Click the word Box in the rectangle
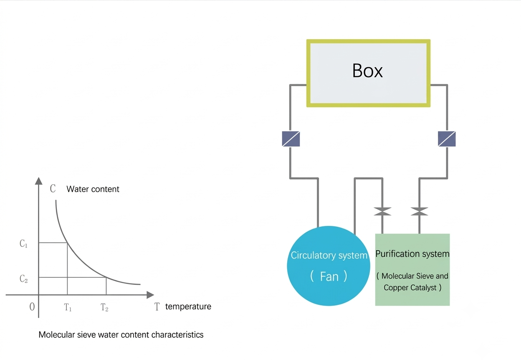pyautogui.click(x=367, y=71)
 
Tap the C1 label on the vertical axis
pyautogui.click(x=23, y=243)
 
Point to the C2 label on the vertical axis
pyautogui.click(x=23, y=279)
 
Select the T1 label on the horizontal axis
pyautogui.click(x=68, y=307)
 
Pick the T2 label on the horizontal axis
pyautogui.click(x=104, y=307)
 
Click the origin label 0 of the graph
pyautogui.click(x=32, y=307)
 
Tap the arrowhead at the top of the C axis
pyautogui.click(x=38, y=181)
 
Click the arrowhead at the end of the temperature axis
pyautogui.click(x=150, y=295)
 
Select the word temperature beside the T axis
pyautogui.click(x=188, y=307)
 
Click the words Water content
pyautogui.click(x=93, y=189)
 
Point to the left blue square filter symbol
pyautogui.click(x=291, y=139)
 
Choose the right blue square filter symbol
pyautogui.click(x=447, y=139)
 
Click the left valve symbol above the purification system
pyautogui.click(x=382, y=212)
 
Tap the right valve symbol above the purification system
pyautogui.click(x=419, y=212)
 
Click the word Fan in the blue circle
pyautogui.click(x=329, y=276)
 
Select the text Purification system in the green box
pyautogui.click(x=412, y=254)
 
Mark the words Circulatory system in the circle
pyautogui.click(x=329, y=255)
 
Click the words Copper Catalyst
pyautogui.click(x=410, y=288)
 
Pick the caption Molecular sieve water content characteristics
pyautogui.click(x=121, y=335)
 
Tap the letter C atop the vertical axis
pyautogui.click(x=53, y=188)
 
